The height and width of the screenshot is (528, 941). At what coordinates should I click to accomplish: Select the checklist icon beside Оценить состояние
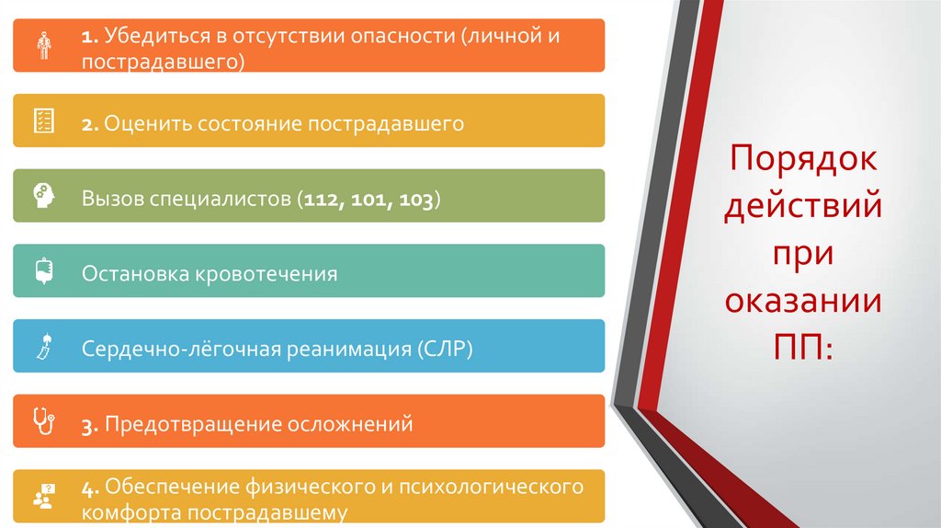click(x=43, y=121)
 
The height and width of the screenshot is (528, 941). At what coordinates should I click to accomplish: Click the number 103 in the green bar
click(x=416, y=199)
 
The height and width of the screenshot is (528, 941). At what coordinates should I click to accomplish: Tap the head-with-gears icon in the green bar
click(x=43, y=196)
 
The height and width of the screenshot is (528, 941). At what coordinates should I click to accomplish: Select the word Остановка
click(x=132, y=274)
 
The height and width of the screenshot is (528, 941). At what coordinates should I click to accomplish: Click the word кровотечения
click(x=265, y=274)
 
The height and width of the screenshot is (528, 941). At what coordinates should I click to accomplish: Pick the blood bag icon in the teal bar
click(x=43, y=271)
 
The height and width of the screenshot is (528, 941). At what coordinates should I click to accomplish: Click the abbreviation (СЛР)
click(x=444, y=350)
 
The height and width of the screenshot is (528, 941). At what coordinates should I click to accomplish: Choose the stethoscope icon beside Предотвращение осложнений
click(x=43, y=422)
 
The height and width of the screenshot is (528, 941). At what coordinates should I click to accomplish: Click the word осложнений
click(x=352, y=425)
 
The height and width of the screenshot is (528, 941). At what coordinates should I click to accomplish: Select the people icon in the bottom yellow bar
click(x=43, y=497)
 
